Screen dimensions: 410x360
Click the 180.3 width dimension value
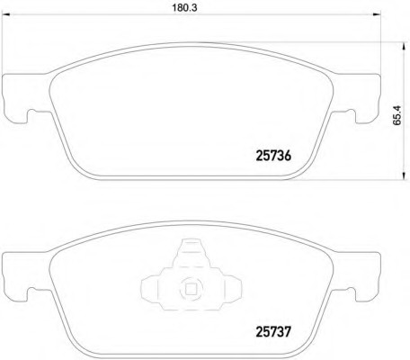[x=184, y=8]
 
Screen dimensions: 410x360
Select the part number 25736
[x=273, y=156]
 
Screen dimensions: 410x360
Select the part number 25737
[x=273, y=331]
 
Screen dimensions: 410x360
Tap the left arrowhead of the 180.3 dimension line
[x=6, y=14]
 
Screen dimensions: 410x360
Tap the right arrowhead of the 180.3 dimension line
[x=377, y=14]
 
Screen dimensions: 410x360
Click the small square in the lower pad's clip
[x=191, y=289]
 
